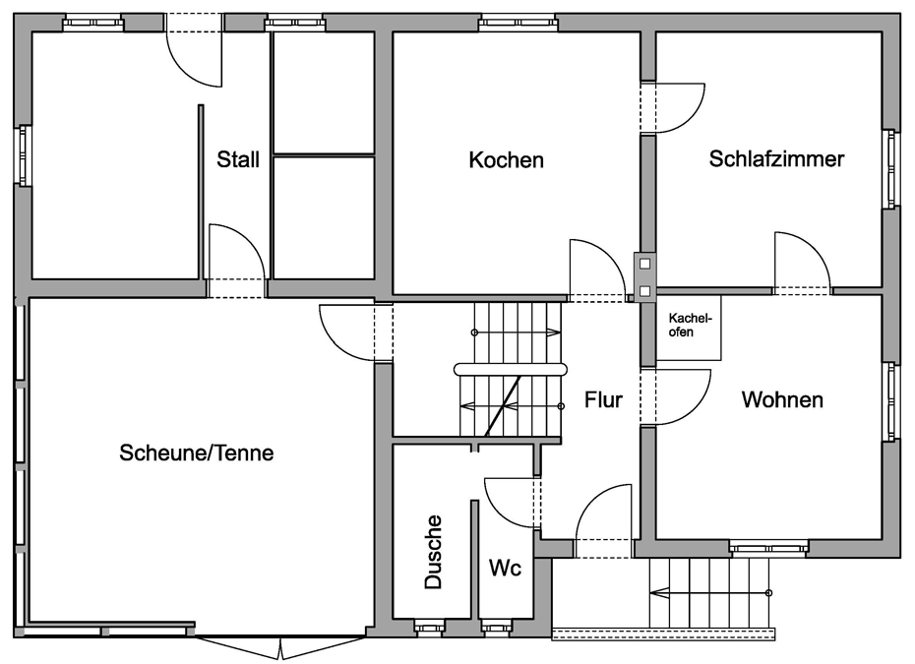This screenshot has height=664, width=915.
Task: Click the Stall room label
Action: coord(238,159)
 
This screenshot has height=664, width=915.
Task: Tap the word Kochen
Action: coord(506,159)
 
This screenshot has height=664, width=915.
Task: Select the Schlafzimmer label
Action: coord(776,159)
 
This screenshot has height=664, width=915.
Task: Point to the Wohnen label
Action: coord(782,400)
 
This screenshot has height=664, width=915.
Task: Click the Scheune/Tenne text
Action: coord(196,453)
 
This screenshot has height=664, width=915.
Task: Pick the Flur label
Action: coord(603,400)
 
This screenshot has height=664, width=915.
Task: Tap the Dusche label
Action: coord(433,552)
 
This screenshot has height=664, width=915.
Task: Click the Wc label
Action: coord(505,569)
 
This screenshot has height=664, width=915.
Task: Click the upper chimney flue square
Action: coord(644,263)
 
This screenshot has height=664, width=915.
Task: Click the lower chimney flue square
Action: coord(644,290)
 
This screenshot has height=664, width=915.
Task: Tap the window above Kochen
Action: coord(518,22)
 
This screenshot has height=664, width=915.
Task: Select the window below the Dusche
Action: coord(430,627)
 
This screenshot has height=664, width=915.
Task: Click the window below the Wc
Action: coord(497,627)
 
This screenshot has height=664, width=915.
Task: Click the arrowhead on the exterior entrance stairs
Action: coord(653,592)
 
